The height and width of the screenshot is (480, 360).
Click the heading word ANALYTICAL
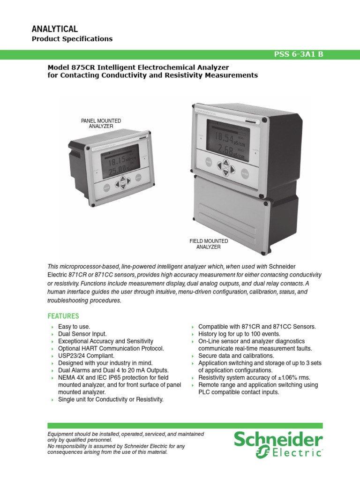point(54,29)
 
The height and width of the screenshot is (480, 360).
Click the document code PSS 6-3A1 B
point(298,54)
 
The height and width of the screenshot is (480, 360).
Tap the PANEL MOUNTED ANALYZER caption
point(101,124)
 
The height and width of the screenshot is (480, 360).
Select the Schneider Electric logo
point(278,445)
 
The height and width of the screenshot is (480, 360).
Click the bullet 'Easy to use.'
point(74,326)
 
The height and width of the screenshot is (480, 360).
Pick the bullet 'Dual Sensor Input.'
point(82,334)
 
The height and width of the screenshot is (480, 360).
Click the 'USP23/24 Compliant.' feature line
point(86,356)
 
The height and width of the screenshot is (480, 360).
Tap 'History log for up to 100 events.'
point(239,334)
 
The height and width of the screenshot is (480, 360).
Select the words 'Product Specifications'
point(72,39)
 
